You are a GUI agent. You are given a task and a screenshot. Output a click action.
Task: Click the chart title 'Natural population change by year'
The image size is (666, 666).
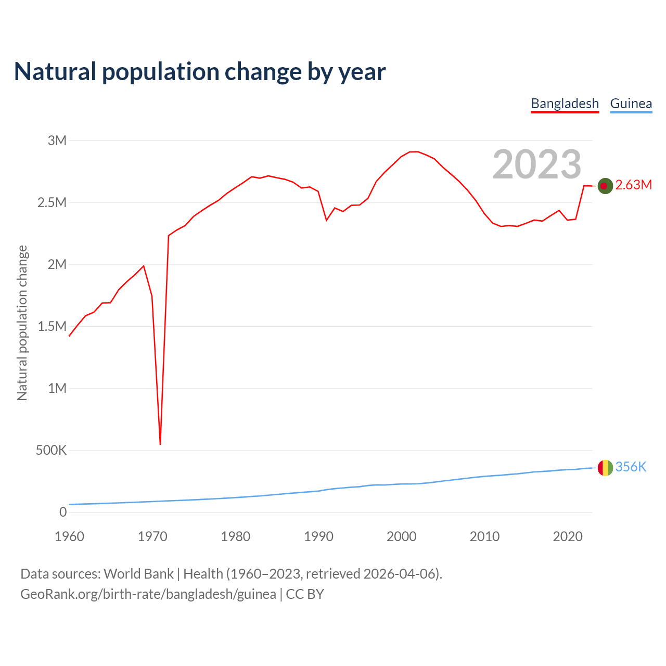200,72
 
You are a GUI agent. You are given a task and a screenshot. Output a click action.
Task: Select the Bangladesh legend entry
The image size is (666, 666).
565,104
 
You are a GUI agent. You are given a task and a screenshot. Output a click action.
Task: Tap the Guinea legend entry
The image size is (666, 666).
631,104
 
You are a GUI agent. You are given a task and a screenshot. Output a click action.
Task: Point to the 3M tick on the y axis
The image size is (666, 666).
57,140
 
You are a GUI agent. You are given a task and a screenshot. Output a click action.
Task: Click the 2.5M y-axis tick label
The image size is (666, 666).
52,202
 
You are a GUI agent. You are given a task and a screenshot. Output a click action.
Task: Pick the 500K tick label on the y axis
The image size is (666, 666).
51,450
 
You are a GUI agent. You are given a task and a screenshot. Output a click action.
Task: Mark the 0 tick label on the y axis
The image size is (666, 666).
63,512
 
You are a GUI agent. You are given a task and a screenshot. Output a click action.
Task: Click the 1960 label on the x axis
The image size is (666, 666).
69,536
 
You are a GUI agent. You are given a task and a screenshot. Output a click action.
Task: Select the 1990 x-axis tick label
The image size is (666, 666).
318,536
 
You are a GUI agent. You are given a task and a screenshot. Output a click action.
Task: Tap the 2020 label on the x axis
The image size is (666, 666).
568,536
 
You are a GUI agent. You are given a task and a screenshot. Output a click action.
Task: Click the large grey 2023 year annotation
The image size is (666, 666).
536,164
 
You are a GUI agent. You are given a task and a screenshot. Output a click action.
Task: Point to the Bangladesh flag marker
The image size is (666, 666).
605,186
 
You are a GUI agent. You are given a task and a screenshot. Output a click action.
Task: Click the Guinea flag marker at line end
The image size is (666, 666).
605,468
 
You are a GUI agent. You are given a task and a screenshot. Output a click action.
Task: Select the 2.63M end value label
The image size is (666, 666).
633,185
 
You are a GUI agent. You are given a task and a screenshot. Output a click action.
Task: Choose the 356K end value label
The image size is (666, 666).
631,467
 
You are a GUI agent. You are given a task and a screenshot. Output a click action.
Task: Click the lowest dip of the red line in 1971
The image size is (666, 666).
160,444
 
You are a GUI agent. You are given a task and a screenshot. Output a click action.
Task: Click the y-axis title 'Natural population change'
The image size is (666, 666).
22,323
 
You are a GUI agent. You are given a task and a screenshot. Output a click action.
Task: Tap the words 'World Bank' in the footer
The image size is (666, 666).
138,574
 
